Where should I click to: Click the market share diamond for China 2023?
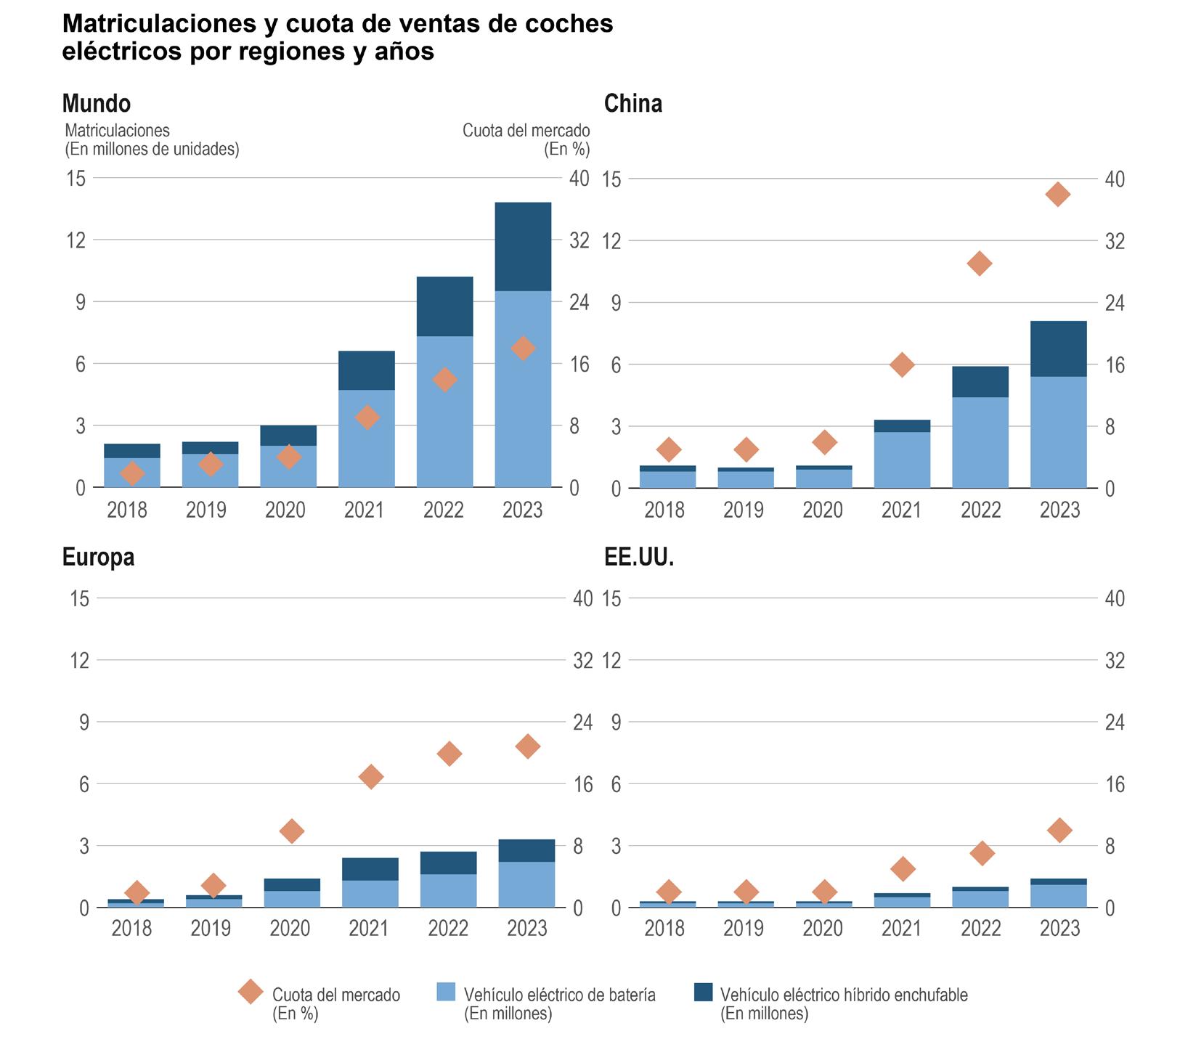[x=1057, y=194]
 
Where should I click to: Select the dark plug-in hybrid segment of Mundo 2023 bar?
[x=523, y=247]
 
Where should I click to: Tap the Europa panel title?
[x=98, y=557]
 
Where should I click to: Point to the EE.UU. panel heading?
[x=639, y=557]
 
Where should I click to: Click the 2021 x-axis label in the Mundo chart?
[x=364, y=510]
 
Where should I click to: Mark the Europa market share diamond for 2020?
[x=292, y=831]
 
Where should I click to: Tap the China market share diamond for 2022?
[x=980, y=263]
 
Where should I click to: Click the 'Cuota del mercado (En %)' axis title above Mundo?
[x=526, y=139]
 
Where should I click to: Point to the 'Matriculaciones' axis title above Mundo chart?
[x=152, y=139]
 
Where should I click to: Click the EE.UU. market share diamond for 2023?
[x=1059, y=830]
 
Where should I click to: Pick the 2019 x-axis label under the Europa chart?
[x=211, y=929]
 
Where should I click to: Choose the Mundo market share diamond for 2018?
[x=132, y=473]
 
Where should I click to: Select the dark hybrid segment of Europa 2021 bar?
[x=370, y=869]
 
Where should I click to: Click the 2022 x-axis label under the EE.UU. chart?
[x=980, y=929]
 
